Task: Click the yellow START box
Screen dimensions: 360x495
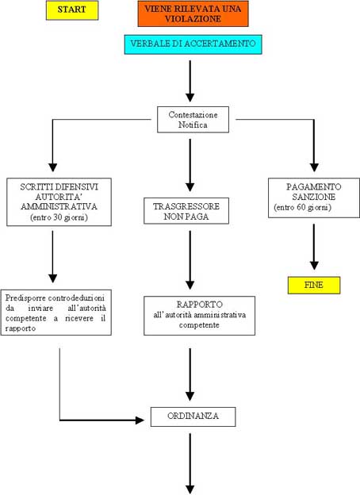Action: pos(72,10)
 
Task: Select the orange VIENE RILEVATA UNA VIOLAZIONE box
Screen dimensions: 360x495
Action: pos(193,13)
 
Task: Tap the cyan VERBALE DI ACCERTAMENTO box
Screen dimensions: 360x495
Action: pos(193,44)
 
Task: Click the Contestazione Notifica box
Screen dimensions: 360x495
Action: pos(193,120)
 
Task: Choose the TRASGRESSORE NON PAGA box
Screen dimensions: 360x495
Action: pos(186,211)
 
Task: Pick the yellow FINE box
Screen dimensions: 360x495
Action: pos(314,285)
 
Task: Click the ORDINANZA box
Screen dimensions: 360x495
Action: pos(193,416)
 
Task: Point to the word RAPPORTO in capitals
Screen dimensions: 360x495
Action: pos(199,305)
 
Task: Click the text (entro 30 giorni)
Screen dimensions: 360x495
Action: pos(59,217)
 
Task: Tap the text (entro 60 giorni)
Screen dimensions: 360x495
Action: pos(303,207)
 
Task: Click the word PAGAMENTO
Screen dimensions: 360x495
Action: pos(314,187)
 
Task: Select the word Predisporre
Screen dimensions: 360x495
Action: pos(25,298)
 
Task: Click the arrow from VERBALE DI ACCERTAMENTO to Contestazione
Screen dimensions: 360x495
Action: pos(190,81)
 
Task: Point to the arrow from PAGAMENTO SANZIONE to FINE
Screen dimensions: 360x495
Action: pos(314,247)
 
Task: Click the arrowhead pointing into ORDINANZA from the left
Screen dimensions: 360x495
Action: pos(140,420)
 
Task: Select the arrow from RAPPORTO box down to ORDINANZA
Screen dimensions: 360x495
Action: pos(190,374)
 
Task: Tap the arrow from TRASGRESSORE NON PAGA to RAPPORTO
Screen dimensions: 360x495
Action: pos(190,260)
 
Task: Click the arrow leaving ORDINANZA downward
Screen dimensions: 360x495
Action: pos(190,464)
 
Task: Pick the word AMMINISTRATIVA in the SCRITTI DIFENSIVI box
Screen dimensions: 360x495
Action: pos(59,207)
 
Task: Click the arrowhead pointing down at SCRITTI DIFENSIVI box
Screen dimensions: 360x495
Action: pos(52,167)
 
